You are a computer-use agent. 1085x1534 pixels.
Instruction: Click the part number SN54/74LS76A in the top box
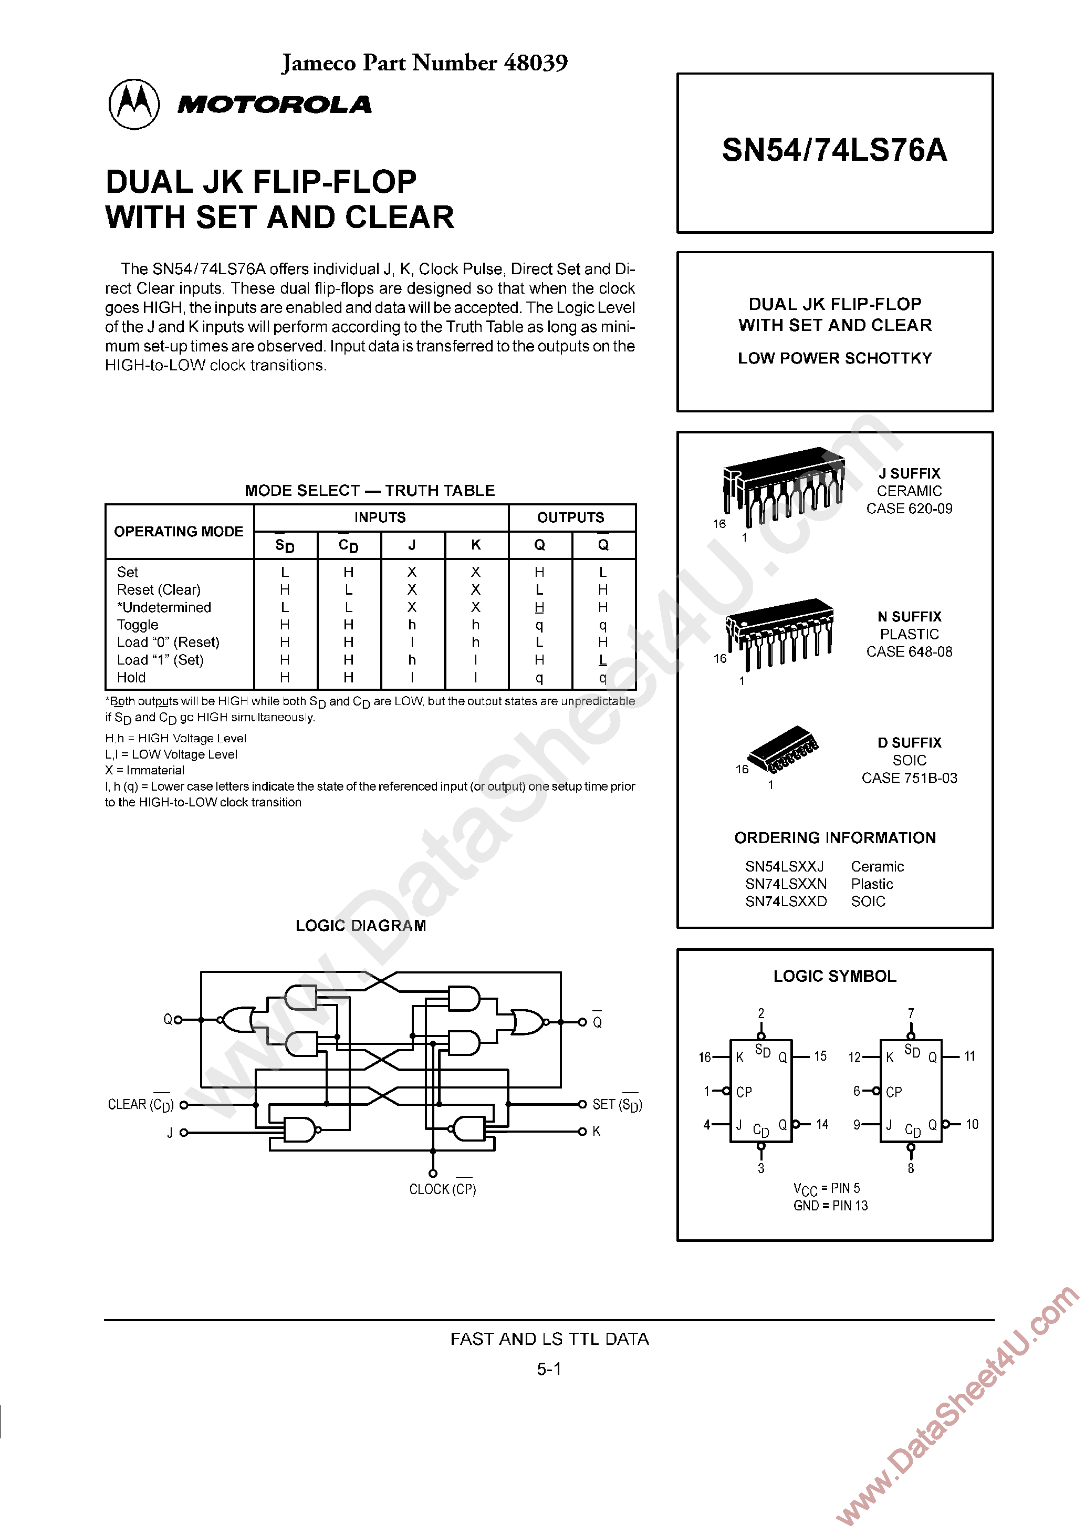(x=834, y=150)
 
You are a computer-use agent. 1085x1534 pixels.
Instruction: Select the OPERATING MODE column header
(x=179, y=531)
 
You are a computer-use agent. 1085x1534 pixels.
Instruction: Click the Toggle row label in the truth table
(x=138, y=625)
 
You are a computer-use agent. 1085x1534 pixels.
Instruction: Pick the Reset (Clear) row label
(x=159, y=589)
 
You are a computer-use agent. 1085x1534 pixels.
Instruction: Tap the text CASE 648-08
(x=909, y=651)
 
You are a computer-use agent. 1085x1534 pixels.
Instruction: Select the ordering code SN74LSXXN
(x=786, y=884)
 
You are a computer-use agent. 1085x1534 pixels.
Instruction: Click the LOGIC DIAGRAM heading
(x=361, y=925)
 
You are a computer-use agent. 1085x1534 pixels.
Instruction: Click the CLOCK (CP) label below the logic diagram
(x=442, y=1189)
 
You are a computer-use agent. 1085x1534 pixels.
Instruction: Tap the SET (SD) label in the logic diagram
(x=617, y=1104)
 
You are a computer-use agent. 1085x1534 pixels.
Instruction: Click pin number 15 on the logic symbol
(x=820, y=1056)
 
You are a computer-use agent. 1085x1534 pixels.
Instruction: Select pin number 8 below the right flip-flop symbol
(x=911, y=1168)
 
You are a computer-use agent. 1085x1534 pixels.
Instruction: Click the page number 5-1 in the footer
(x=548, y=1369)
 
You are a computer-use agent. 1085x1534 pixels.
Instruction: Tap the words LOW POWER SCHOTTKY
(x=834, y=358)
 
